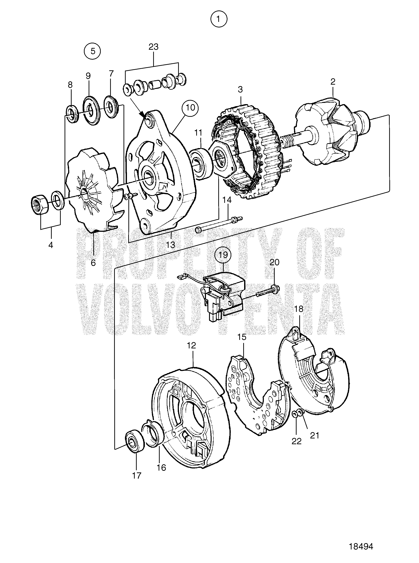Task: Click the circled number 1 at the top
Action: (x=219, y=19)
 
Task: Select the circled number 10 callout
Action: (x=190, y=108)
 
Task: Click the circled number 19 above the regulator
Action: (x=223, y=254)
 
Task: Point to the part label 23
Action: (x=154, y=47)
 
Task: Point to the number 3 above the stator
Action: (x=240, y=89)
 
